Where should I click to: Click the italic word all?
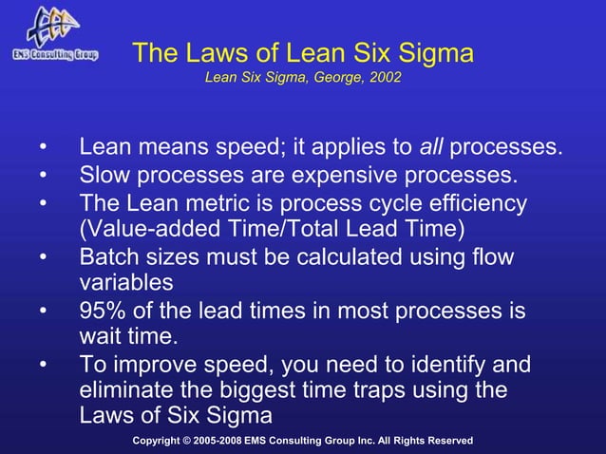[x=432, y=148]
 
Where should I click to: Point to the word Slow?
[x=104, y=177]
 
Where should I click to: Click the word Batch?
[x=108, y=257]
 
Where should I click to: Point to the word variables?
[x=125, y=284]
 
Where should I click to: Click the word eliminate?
[x=127, y=391]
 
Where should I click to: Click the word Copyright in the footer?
[x=161, y=441]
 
